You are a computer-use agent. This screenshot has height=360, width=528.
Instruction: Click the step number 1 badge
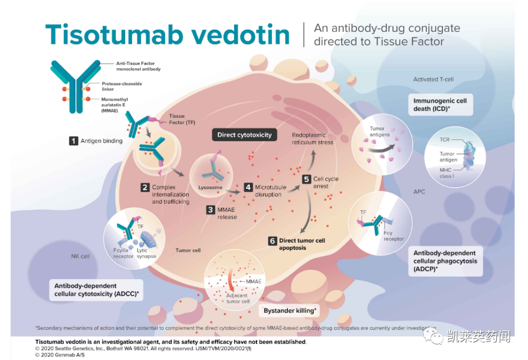(x=73, y=141)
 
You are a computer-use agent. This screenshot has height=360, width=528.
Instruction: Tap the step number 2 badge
(x=145, y=187)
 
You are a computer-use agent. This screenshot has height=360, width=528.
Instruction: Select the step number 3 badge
(x=210, y=209)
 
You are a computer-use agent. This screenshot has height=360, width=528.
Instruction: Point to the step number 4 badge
(x=248, y=187)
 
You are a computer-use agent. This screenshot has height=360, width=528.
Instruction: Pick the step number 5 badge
(x=307, y=179)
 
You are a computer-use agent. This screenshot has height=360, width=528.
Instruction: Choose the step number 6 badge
(x=272, y=241)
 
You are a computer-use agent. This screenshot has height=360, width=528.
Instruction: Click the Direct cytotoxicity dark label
(x=244, y=135)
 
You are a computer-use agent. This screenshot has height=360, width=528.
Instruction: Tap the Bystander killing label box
(x=290, y=311)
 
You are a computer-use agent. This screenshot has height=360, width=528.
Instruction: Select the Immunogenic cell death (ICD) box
(x=440, y=105)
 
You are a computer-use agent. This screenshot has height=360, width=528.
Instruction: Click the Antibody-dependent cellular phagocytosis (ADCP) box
(x=445, y=261)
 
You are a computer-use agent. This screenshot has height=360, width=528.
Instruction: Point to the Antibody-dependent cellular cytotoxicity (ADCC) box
(x=96, y=290)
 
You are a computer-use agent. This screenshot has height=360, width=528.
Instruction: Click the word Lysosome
(x=210, y=187)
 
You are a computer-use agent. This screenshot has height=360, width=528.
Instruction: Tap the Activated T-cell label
(x=433, y=79)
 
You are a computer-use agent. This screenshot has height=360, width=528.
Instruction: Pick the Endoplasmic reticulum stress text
(x=312, y=138)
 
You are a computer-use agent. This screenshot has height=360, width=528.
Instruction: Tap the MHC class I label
(x=446, y=173)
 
